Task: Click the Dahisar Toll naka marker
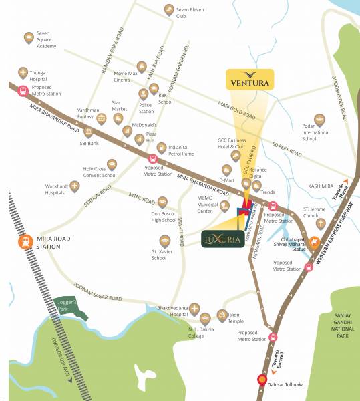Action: (262, 382)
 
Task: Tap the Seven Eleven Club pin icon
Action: (168, 9)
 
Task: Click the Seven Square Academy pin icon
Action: (28, 38)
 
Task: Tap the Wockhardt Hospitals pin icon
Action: (74, 185)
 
